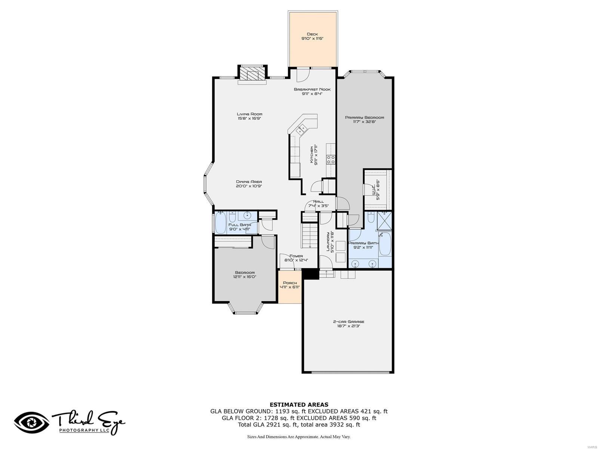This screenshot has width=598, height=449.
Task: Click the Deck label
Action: [x=312, y=34]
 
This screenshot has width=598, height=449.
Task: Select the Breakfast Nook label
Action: [x=312, y=89]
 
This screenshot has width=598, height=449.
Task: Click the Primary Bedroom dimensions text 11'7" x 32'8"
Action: [x=364, y=122]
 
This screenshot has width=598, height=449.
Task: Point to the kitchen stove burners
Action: [x=331, y=160]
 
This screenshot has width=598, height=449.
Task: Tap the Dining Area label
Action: [x=249, y=181]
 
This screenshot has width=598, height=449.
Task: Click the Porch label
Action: [x=290, y=283]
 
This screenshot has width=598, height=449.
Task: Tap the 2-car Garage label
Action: [x=348, y=321]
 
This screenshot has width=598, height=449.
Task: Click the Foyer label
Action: [x=296, y=256]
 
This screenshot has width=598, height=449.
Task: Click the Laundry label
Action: [x=329, y=242]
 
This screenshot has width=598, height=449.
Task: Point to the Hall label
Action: [x=318, y=201]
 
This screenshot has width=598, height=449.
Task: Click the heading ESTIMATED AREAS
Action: [x=299, y=404]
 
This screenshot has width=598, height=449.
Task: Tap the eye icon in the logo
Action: [x=32, y=423]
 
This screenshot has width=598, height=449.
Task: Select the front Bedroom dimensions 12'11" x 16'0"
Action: [x=245, y=277]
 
